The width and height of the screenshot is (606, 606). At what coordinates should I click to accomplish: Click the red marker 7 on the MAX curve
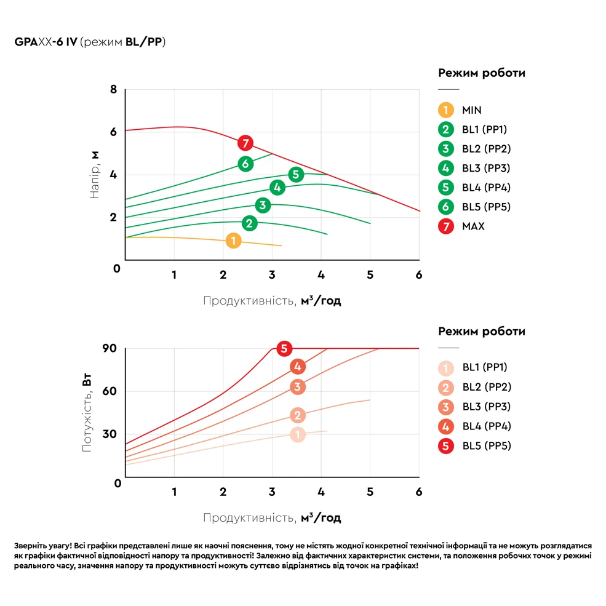[245, 143]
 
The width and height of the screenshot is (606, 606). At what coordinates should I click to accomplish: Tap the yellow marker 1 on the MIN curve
[233, 241]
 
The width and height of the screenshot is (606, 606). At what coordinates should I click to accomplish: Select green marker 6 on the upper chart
[245, 164]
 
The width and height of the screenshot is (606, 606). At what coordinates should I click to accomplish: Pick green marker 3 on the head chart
[263, 205]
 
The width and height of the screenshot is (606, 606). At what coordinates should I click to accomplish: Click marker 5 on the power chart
[284, 349]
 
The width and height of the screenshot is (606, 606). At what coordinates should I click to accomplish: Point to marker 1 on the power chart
[297, 435]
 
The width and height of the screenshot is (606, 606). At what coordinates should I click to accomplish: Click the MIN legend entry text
[472, 111]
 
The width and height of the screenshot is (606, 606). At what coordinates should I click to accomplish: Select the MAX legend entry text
[473, 226]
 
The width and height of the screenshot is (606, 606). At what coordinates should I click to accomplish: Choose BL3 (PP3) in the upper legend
[486, 169]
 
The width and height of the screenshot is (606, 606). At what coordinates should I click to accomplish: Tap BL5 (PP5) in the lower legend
[486, 446]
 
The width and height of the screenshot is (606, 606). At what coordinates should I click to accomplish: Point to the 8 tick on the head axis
[113, 89]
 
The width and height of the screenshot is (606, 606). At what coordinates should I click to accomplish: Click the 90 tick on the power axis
[110, 348]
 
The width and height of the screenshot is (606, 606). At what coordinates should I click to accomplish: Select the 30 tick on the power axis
[110, 434]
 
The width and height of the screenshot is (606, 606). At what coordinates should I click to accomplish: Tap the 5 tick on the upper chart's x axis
[370, 275]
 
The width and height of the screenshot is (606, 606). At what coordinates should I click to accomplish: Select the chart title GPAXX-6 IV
[44, 42]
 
